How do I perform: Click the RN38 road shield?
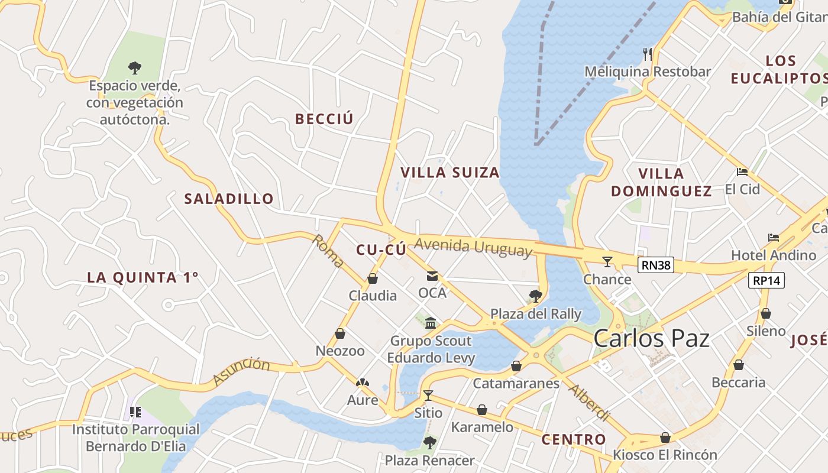[x=656, y=265]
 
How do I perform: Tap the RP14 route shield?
[x=766, y=280]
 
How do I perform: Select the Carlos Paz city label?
[x=651, y=339]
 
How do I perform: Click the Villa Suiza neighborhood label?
[x=450, y=173]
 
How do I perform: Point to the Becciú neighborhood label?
[x=324, y=119]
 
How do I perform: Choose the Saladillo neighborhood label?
[x=229, y=199]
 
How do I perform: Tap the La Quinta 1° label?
[x=143, y=277]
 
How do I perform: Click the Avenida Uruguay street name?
[x=473, y=247]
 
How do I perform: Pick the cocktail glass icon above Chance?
[x=607, y=261]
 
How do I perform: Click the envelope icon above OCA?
[x=432, y=276]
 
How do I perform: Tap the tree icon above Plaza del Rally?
[x=536, y=296]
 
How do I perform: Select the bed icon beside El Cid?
[x=742, y=172]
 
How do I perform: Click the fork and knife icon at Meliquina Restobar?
[x=648, y=54]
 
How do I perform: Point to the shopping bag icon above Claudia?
[x=373, y=278]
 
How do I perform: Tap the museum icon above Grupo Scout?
[x=431, y=323]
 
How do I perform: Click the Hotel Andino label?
[x=774, y=255]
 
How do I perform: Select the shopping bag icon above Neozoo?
[x=340, y=334]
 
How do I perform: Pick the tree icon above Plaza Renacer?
[x=430, y=442]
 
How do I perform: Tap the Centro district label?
[x=574, y=439]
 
